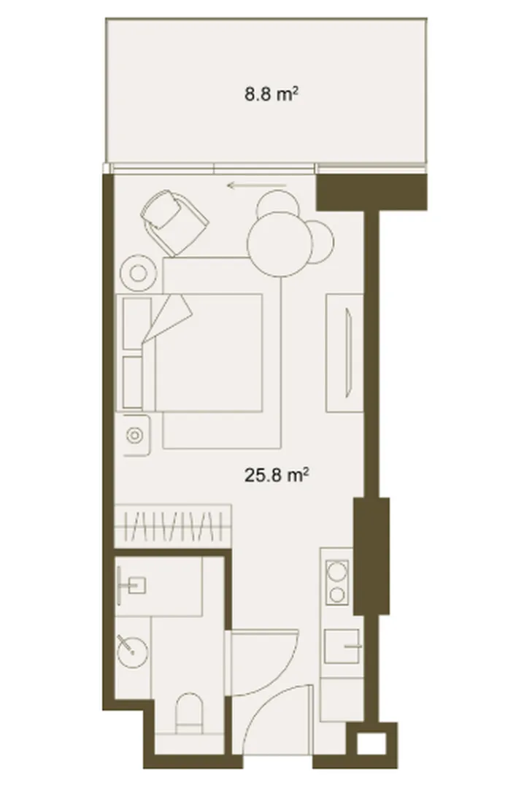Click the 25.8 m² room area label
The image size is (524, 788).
tap(276, 474)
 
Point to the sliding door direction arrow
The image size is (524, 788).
tap(256, 186)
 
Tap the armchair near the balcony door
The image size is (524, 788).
tap(174, 220)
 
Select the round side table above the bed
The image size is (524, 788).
tap(137, 274)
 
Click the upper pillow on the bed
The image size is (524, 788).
tap(136, 323)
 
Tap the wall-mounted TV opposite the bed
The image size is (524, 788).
tap(347, 353)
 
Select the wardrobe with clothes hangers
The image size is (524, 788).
tap(173, 525)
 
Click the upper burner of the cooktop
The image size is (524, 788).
tap(337, 572)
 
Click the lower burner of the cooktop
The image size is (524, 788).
tap(337, 596)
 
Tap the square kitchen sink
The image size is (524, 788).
tap(342, 646)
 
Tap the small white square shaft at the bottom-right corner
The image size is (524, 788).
tap(371, 743)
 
